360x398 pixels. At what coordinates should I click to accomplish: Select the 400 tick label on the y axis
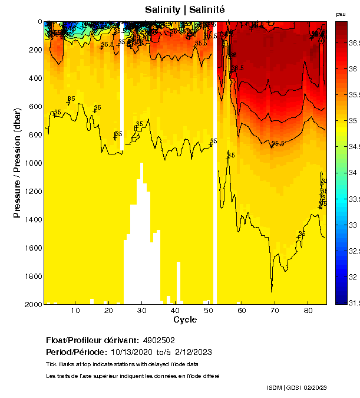(x=34, y=78)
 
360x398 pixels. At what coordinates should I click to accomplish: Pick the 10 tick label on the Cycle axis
(x=75, y=311)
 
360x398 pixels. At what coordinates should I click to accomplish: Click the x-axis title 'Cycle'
(x=185, y=320)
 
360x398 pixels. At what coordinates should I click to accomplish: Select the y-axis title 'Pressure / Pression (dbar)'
(x=17, y=163)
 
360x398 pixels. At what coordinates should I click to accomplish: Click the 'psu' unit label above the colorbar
(x=341, y=14)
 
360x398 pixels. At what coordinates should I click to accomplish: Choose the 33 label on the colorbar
(x=352, y=225)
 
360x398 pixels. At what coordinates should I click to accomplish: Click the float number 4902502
(x=158, y=341)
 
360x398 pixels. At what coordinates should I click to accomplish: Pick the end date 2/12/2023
(x=192, y=353)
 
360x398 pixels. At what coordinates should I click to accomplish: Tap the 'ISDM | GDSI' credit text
(x=284, y=387)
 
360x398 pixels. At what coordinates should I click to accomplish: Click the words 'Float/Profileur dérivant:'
(x=91, y=341)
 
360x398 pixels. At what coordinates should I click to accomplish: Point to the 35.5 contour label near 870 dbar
(x=278, y=143)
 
